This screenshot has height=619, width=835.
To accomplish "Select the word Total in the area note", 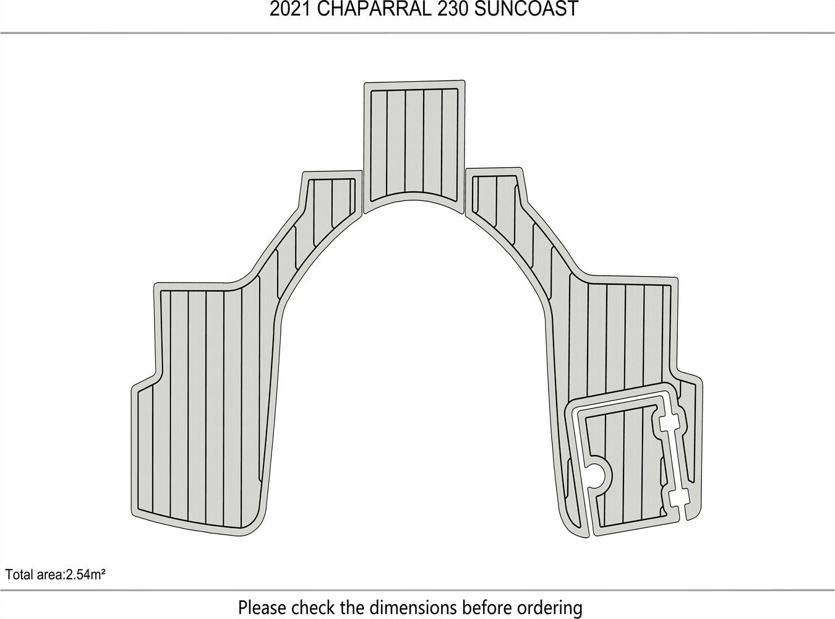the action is (x=19, y=575).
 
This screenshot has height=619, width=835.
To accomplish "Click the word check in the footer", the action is (x=314, y=607).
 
